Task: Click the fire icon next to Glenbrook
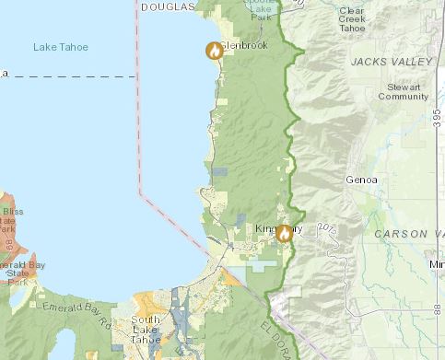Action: coord(214,52)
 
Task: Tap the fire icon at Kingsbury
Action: coord(284,234)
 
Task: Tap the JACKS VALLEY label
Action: coord(391,61)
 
